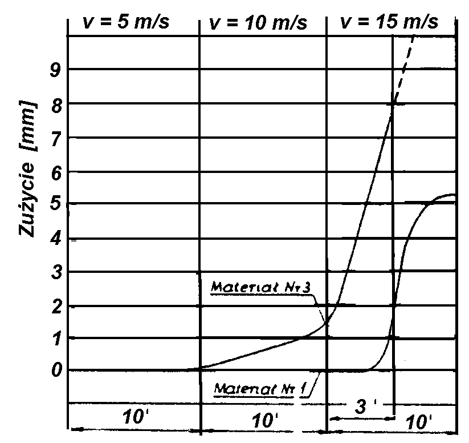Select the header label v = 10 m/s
click(258, 23)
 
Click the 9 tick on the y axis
click(55, 70)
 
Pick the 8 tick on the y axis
click(55, 104)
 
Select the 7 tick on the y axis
click(55, 138)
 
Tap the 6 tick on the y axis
click(55, 172)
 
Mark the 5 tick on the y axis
click(55, 204)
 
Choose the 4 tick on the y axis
click(55, 239)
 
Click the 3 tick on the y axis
click(55, 272)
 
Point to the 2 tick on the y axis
click(55, 306)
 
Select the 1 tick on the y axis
click(55, 338)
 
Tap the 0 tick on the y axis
click(55, 370)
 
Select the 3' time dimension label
click(361, 410)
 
